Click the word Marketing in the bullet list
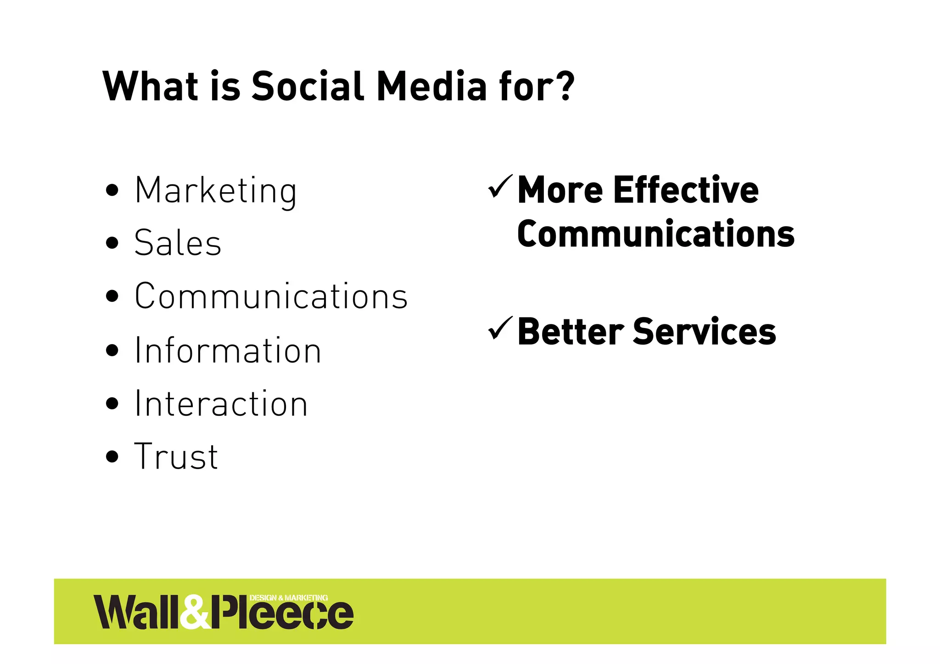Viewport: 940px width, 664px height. [x=216, y=190]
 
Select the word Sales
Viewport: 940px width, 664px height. [x=178, y=243]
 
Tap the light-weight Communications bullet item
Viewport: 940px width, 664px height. [x=271, y=296]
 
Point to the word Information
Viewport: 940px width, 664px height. [x=228, y=351]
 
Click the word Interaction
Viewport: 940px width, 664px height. [x=221, y=404]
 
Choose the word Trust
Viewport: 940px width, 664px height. [x=176, y=457]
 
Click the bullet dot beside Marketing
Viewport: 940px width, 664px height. [x=112, y=190]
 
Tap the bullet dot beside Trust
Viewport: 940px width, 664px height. [x=112, y=457]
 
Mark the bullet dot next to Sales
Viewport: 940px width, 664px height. [x=112, y=243]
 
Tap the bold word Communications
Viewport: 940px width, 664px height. [x=655, y=234]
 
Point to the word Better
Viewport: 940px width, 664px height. [x=571, y=331]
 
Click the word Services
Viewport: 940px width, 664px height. [x=705, y=331]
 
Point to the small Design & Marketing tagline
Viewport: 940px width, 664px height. [x=289, y=597]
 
